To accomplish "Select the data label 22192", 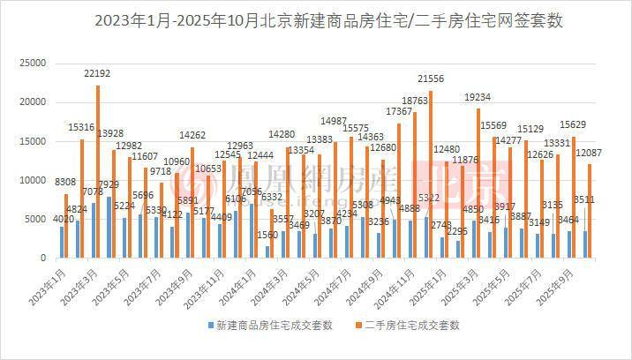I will click(99, 73).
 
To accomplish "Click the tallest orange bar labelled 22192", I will click(98, 172).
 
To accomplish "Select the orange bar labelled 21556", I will click(431, 175).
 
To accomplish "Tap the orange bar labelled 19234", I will click(478, 184).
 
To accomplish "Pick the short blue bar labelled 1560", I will click(267, 252).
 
